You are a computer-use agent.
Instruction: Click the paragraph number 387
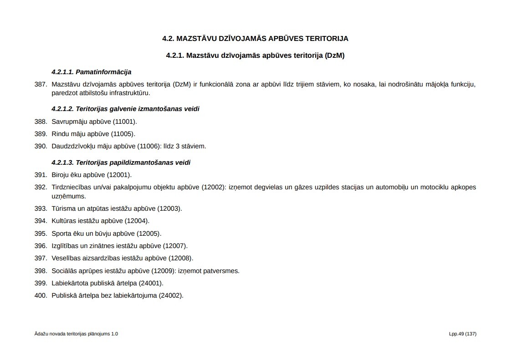click(x=41, y=84)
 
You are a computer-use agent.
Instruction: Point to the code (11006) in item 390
click(x=149, y=146)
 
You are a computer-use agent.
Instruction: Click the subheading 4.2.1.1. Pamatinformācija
click(x=91, y=72)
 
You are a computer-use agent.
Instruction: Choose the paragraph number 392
click(x=41, y=187)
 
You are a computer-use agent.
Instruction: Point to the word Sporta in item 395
click(x=61, y=233)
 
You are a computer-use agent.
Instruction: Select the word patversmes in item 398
click(x=222, y=271)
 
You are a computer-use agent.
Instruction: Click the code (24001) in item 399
click(x=151, y=283)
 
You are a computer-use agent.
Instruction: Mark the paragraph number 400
click(x=41, y=295)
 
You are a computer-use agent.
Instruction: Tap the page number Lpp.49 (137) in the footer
click(x=462, y=334)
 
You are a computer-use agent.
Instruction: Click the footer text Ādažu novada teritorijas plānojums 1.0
click(x=76, y=334)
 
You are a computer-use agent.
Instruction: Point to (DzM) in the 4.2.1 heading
click(x=334, y=56)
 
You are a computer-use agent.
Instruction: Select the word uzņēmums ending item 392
click(x=68, y=196)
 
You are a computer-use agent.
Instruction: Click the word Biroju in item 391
click(x=61, y=175)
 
